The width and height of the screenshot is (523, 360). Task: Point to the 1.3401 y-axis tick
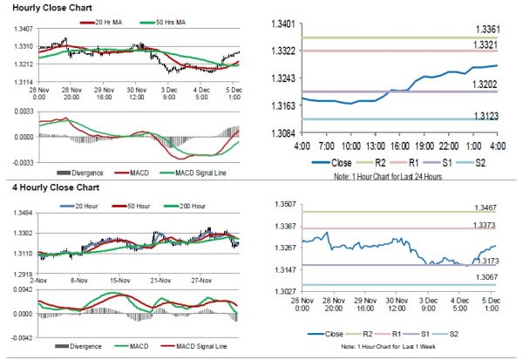coord(282,23)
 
